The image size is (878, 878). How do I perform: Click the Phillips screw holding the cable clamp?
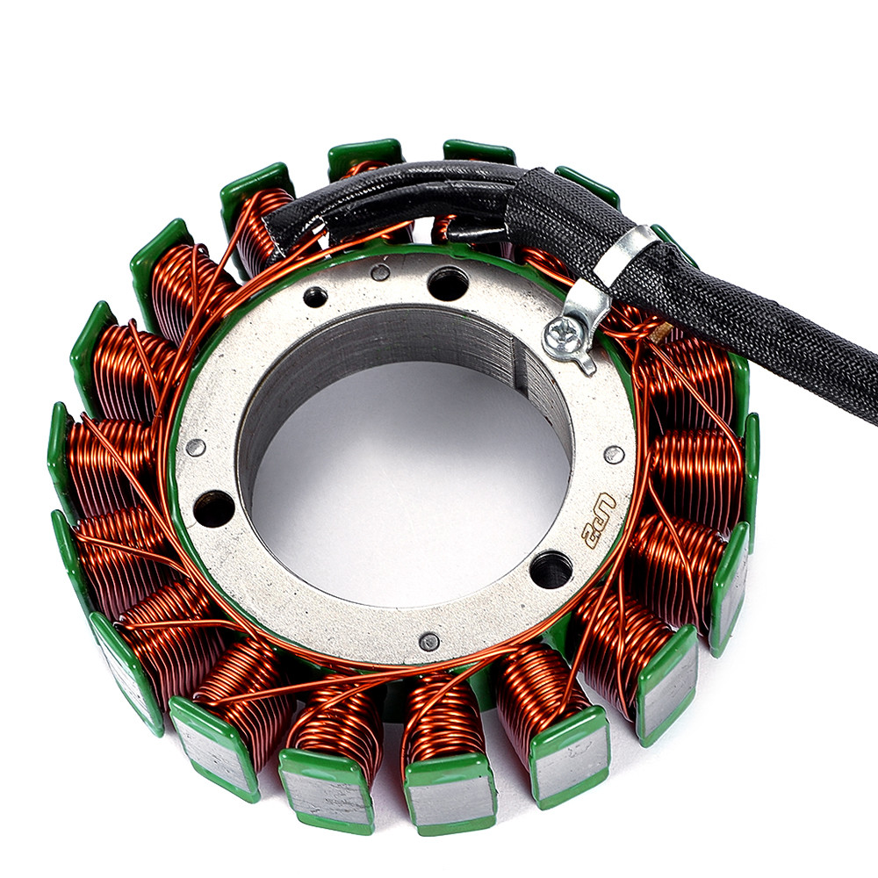[x=558, y=335]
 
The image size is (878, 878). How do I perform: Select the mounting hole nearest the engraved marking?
[x=551, y=569]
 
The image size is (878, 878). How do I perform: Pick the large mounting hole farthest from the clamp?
[x=213, y=508]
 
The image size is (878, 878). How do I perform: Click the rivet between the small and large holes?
[x=381, y=273]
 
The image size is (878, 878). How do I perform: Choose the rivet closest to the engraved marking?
[x=615, y=454]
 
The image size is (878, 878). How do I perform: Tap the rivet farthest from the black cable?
[x=429, y=642]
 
